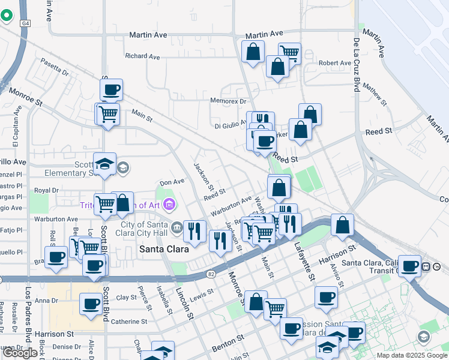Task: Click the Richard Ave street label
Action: pyautogui.click(x=142, y=56)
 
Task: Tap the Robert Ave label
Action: pyautogui.click(x=335, y=63)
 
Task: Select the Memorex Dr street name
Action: pyautogui.click(x=229, y=101)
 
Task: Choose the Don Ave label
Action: pyautogui.click(x=172, y=182)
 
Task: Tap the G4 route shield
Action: pyautogui.click(x=25, y=23)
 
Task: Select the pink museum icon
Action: pyautogui.click(x=169, y=205)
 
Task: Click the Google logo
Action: pyautogui.click(x=20, y=353)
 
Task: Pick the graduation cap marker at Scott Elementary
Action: pyautogui.click(x=105, y=164)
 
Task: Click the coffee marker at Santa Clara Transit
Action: pyautogui.click(x=411, y=265)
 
